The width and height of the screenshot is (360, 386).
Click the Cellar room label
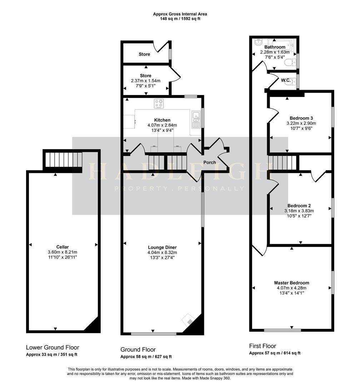(x=62, y=247)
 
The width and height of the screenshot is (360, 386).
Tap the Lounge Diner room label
(x=162, y=247)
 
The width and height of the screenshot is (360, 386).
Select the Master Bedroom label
(x=292, y=283)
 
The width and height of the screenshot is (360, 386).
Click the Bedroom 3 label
(x=301, y=118)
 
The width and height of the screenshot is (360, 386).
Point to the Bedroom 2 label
(x=299, y=206)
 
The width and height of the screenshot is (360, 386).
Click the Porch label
(x=210, y=163)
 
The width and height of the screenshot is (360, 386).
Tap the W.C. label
(x=286, y=80)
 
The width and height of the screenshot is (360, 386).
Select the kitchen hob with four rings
(x=159, y=104)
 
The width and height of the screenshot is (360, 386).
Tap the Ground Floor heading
(x=138, y=350)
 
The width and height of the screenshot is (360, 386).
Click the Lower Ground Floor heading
(x=52, y=347)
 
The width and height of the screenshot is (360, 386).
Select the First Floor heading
(x=262, y=346)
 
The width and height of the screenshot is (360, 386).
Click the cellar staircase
(x=63, y=159)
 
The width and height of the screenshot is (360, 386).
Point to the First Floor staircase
(x=282, y=162)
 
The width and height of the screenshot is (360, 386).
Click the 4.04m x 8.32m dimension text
(x=162, y=252)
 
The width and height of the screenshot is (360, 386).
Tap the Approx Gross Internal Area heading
(x=180, y=14)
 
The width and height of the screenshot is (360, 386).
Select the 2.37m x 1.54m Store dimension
(x=146, y=81)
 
